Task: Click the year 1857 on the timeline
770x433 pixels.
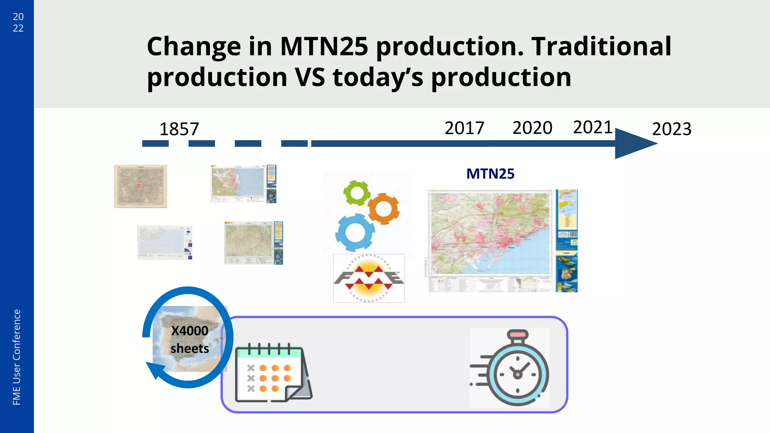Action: point(179,129)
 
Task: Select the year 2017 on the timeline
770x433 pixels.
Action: point(464,128)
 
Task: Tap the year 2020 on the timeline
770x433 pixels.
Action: point(532,128)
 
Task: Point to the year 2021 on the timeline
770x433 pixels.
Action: point(593,127)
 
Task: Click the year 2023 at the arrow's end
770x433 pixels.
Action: point(671,129)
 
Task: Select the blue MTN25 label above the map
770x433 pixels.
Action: point(490,174)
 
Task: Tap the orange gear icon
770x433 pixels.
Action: point(383,208)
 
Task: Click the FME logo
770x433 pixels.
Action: point(368,278)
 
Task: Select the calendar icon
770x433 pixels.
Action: point(273,372)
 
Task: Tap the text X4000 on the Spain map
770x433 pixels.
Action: point(189,331)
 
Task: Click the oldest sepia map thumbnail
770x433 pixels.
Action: point(140,186)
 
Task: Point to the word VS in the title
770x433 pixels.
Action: point(310,77)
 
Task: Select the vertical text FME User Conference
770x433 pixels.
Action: point(17,357)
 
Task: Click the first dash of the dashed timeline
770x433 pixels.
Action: point(155,144)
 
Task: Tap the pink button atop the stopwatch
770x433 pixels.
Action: point(518,334)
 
